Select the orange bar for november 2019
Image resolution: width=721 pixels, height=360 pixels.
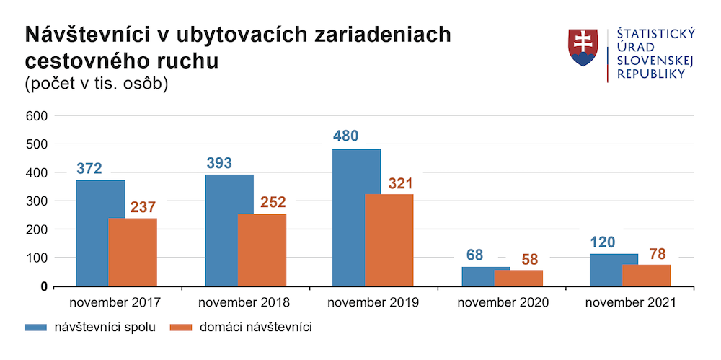point(389,240)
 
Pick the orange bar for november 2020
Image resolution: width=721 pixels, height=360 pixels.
point(518,278)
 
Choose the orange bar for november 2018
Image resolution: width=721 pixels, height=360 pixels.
point(262,250)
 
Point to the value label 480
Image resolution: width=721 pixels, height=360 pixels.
point(345,136)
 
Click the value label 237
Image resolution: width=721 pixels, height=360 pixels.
point(143,207)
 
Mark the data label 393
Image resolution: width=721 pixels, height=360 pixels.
point(219,163)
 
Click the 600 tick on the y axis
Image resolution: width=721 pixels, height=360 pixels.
point(37,115)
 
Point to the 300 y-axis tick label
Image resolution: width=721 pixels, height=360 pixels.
point(37,201)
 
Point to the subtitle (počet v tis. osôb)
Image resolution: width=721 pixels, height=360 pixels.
point(97,84)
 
